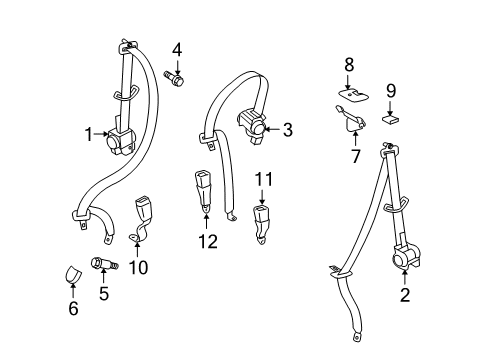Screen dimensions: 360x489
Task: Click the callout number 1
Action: coord(89,131)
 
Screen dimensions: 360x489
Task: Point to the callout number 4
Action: coord(176,49)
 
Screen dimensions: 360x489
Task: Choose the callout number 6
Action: coord(72,308)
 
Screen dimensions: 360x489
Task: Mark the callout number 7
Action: coord(353,156)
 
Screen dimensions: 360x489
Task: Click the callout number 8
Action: coord(349,66)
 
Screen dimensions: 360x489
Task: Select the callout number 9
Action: coord(391,90)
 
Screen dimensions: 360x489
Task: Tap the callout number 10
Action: coord(137,267)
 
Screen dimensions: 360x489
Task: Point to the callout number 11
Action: coord(264,181)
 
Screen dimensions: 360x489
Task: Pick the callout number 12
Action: coord(207,240)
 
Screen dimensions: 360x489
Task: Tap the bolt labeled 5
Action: coord(104,266)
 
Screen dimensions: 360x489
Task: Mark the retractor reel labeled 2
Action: coord(405,259)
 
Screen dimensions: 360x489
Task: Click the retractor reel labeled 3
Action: coord(254,124)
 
